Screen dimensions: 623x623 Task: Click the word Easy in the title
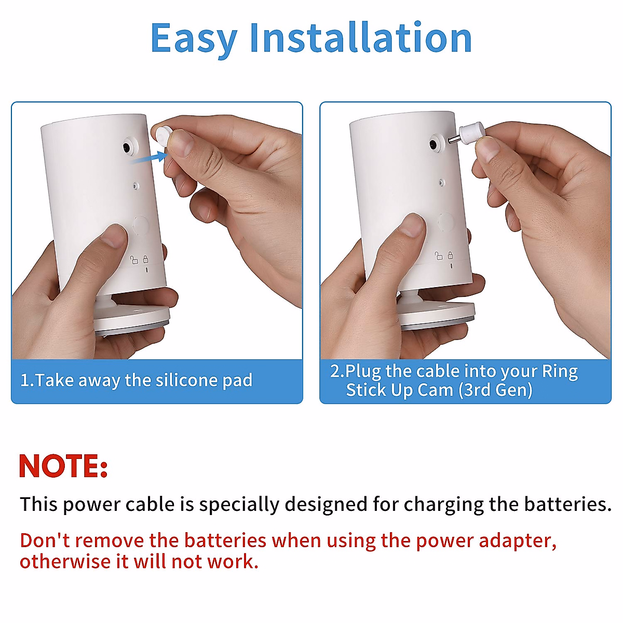[x=193, y=39]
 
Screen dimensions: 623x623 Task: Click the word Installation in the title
[x=360, y=38]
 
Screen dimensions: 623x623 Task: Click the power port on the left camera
[x=127, y=147]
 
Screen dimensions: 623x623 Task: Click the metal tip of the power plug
[x=453, y=139]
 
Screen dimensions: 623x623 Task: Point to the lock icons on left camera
[x=140, y=259]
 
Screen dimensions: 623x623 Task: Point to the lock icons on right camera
[x=444, y=255]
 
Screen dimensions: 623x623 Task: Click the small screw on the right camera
[x=441, y=182]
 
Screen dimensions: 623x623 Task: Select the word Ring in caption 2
[x=560, y=371]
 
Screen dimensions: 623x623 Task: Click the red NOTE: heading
[x=63, y=466]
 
